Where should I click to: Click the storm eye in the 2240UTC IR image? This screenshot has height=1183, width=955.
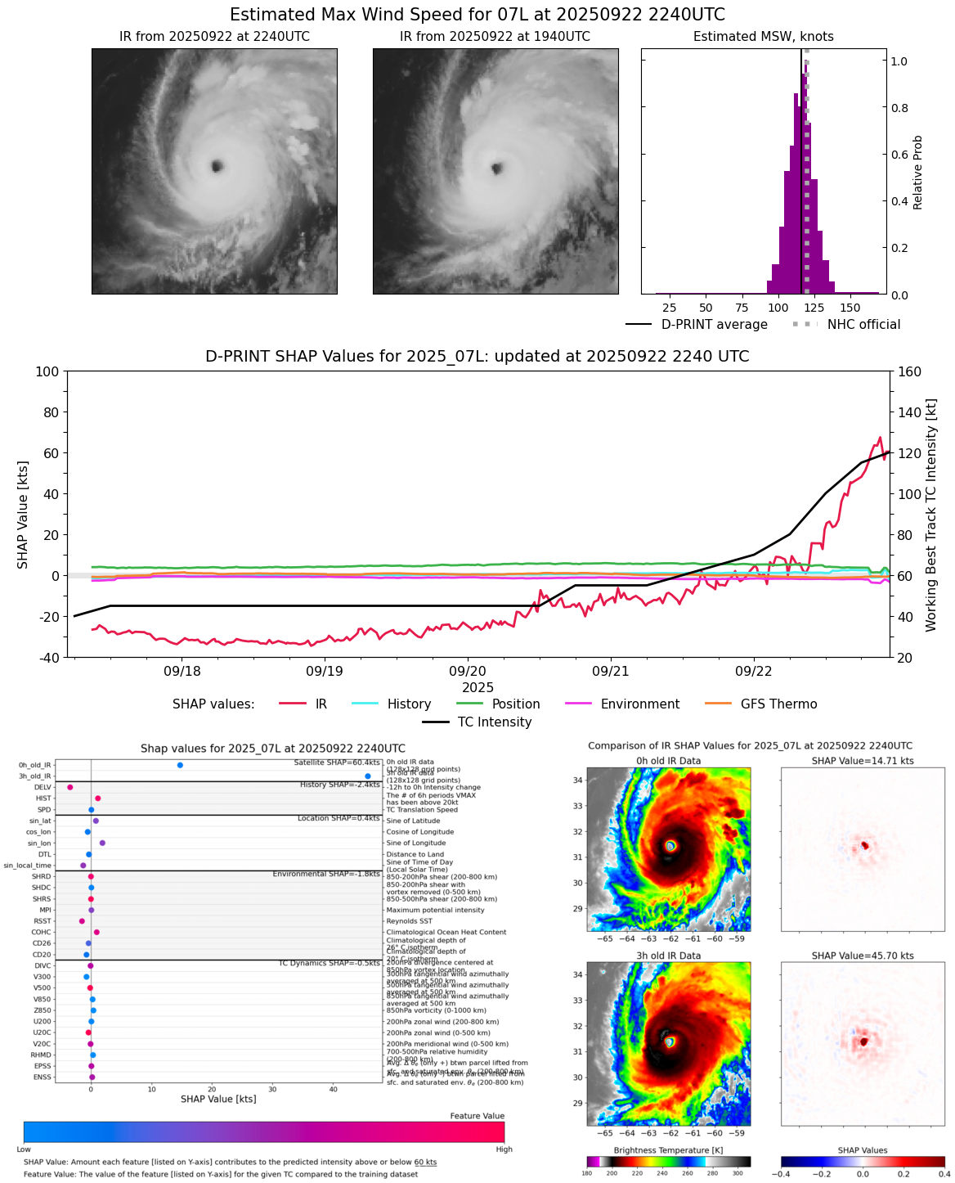pyautogui.click(x=217, y=166)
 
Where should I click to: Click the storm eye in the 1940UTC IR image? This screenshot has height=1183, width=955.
pyautogui.click(x=496, y=169)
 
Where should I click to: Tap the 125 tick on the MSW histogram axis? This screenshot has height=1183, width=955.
pyautogui.click(x=815, y=308)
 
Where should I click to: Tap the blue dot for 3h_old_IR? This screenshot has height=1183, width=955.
pyautogui.click(x=368, y=776)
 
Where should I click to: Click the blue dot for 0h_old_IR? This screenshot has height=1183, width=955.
pyautogui.click(x=180, y=765)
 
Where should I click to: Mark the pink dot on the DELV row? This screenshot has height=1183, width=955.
pyautogui.click(x=70, y=787)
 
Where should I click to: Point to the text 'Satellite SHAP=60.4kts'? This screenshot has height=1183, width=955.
pyautogui.click(x=336, y=762)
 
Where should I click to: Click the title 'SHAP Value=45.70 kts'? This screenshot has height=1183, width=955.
pyautogui.click(x=863, y=956)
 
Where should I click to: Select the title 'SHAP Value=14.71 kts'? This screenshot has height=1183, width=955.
pyautogui.click(x=863, y=761)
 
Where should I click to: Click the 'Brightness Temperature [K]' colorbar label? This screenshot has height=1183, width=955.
pyautogui.click(x=668, y=1150)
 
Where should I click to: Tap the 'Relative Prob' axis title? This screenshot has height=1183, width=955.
pyautogui.click(x=918, y=172)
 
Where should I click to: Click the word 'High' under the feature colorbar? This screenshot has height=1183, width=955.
pyautogui.click(x=504, y=1149)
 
